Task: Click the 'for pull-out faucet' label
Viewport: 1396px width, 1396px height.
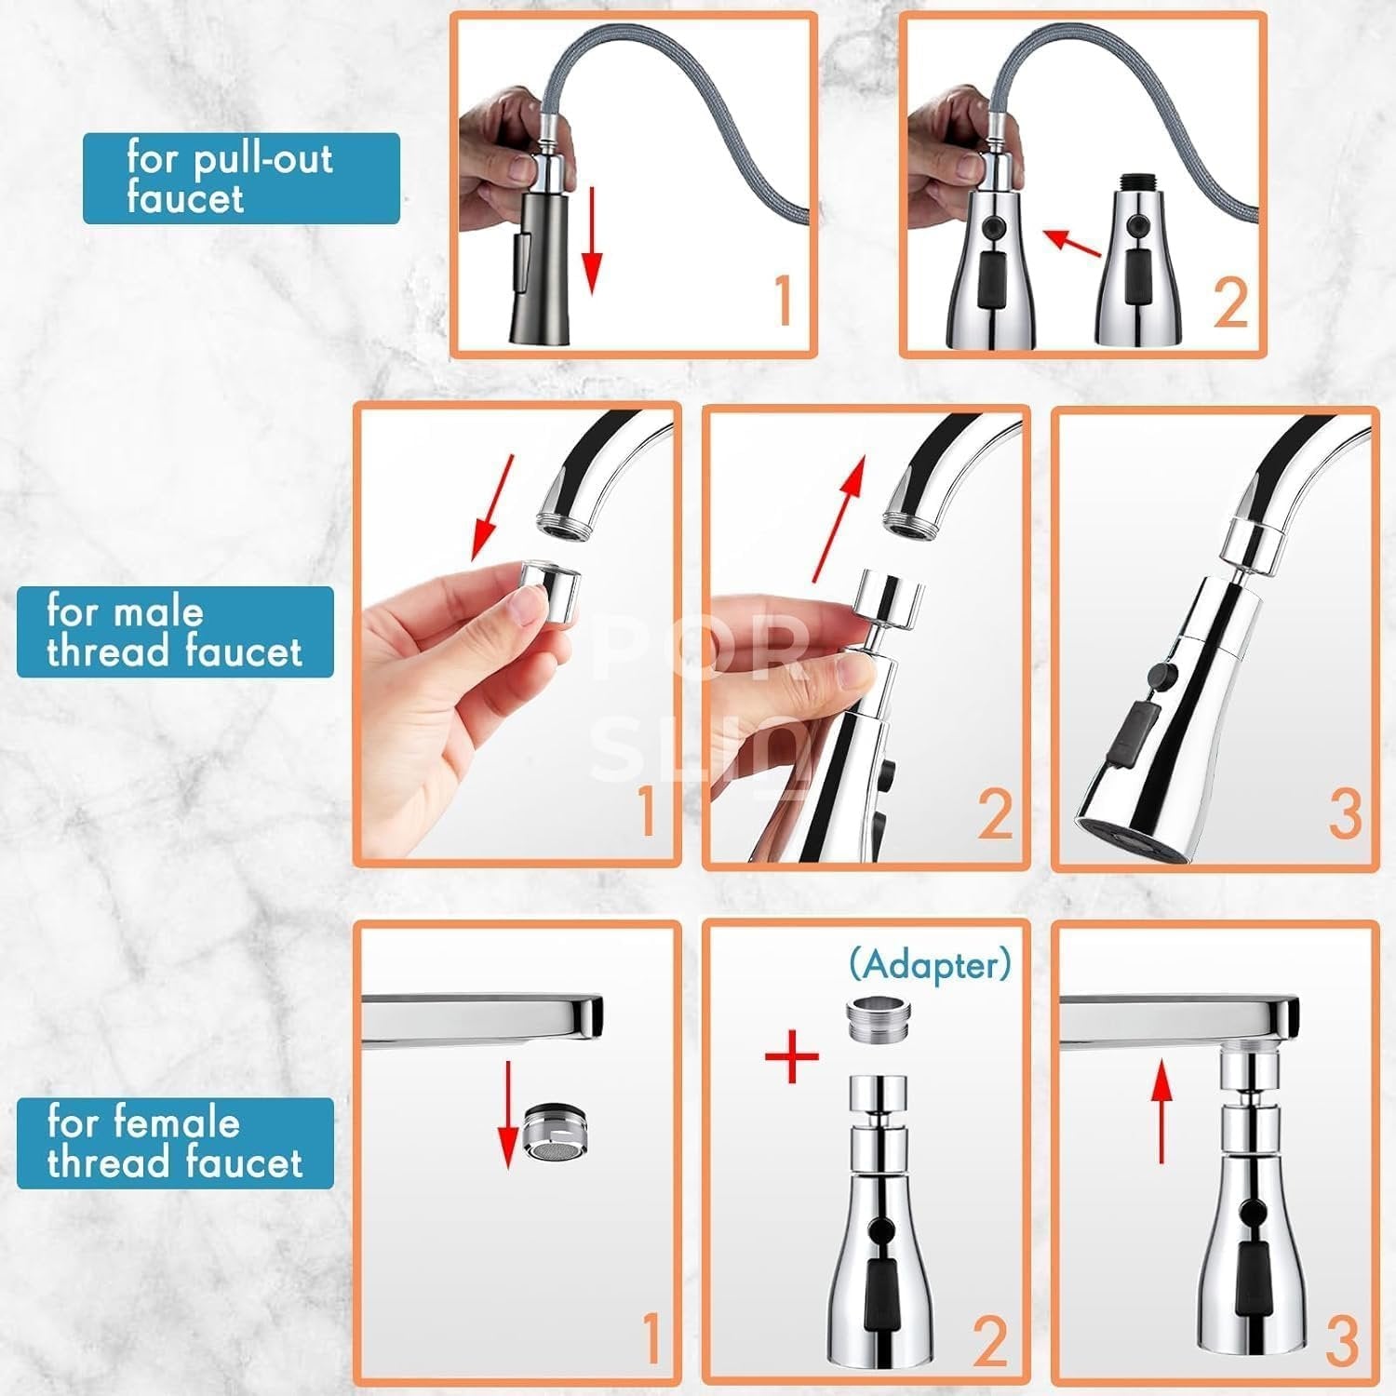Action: pyautogui.click(x=240, y=179)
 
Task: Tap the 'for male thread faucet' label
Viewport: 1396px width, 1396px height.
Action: pyautogui.click(x=175, y=632)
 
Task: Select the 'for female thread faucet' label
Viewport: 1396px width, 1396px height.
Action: pyautogui.click(x=175, y=1143)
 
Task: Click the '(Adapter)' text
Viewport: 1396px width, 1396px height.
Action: pyautogui.click(x=929, y=965)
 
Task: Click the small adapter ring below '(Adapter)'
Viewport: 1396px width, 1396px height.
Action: pyautogui.click(x=875, y=1022)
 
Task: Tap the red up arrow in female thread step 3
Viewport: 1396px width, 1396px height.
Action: pyautogui.click(x=1161, y=1112)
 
